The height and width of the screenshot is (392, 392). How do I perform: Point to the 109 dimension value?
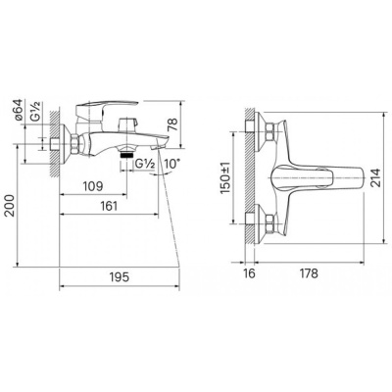coord(92,185)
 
